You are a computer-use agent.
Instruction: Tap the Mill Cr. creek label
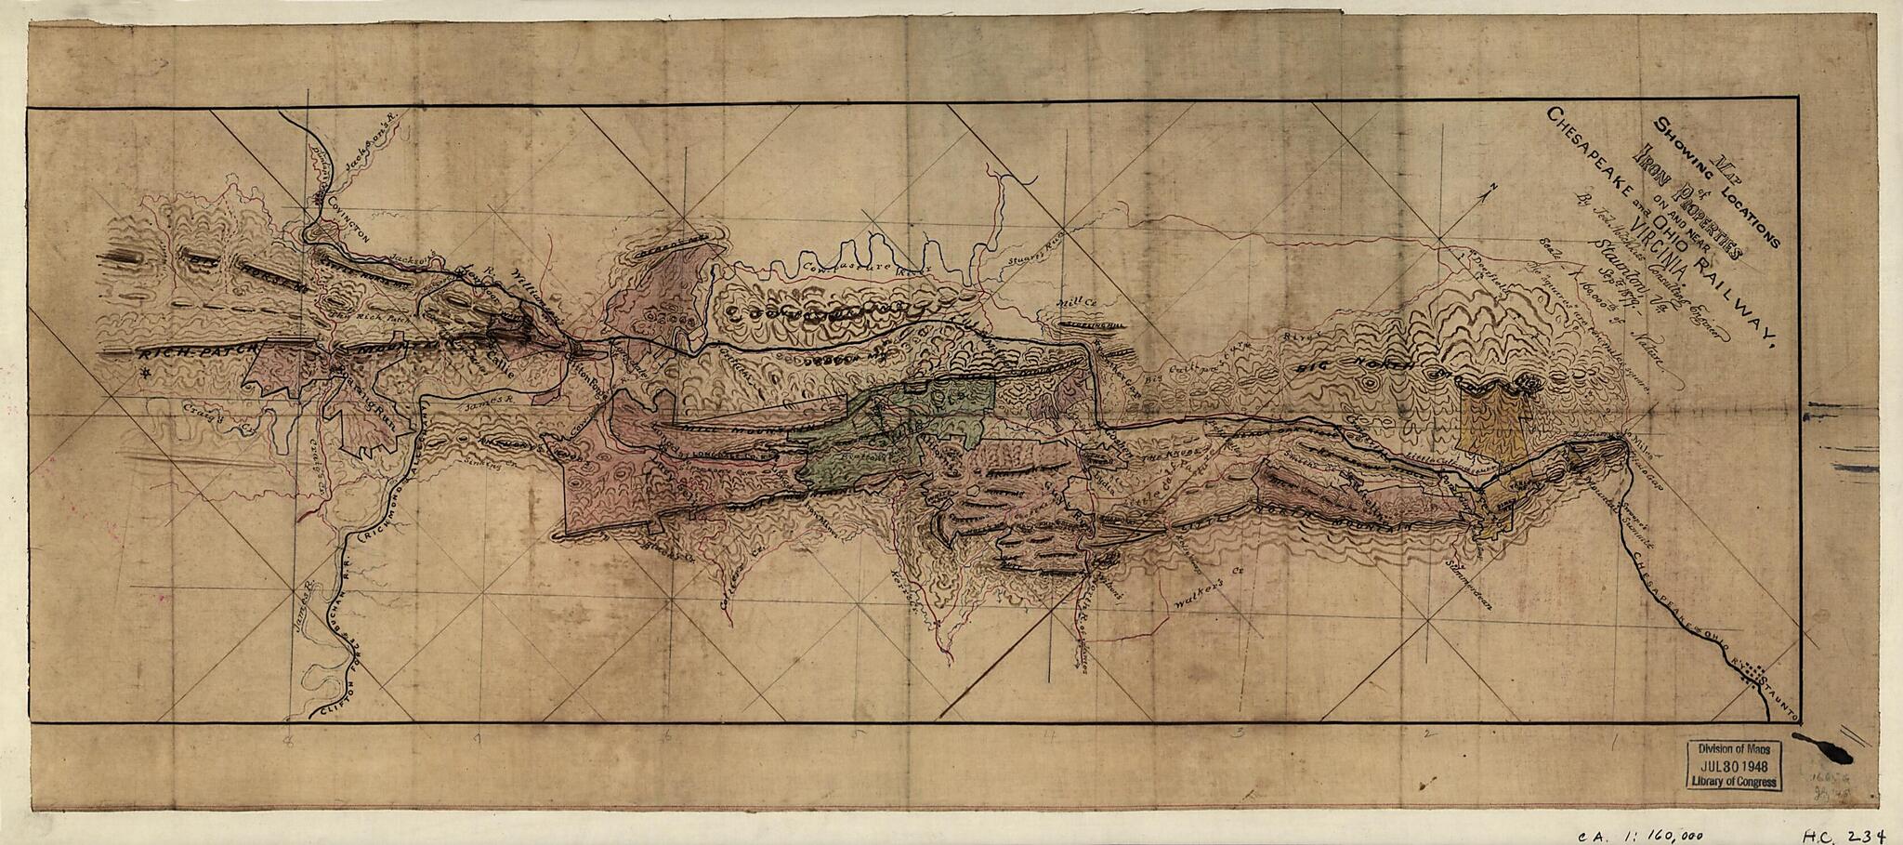tap(1078, 305)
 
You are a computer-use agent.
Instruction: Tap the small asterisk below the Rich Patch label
tap(143, 374)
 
